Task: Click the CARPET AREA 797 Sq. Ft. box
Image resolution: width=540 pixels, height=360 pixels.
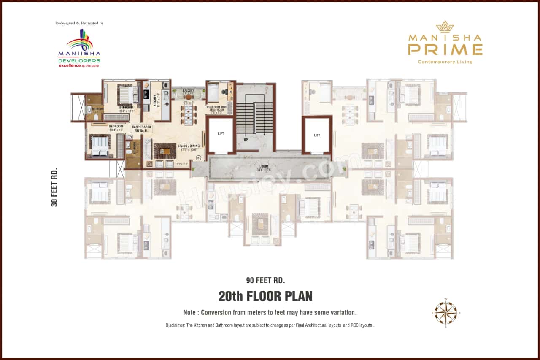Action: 142,128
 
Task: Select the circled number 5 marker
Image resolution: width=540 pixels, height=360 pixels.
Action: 198,157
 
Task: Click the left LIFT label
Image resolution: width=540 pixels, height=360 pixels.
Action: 221,134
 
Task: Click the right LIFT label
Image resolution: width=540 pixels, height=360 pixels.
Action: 317,135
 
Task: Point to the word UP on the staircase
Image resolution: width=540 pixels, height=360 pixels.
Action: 245,139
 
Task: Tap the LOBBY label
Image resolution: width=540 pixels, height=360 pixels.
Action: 264,168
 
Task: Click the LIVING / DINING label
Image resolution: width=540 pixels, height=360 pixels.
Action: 189,146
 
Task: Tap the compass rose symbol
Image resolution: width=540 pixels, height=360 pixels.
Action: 446,313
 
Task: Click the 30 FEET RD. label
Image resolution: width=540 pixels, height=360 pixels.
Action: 54,188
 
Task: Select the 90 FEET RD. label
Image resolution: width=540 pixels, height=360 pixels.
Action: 265,280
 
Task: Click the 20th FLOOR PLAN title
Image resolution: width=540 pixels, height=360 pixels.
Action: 265,296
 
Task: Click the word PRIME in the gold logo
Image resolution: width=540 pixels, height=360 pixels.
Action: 445,49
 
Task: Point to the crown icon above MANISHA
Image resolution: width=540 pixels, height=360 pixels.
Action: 445,27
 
